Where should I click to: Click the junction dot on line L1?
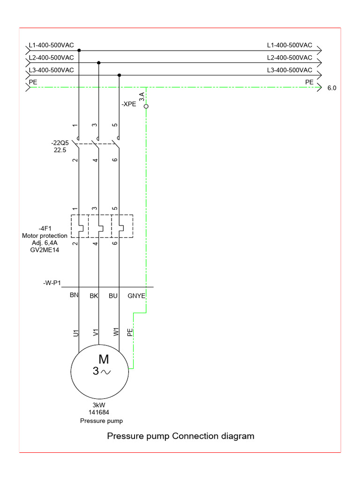click(79, 50)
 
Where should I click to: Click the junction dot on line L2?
click(98, 62)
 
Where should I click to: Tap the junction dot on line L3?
click(119, 75)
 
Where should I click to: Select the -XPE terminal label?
click(128, 104)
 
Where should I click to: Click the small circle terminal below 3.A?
click(146, 107)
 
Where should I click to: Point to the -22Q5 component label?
click(60, 142)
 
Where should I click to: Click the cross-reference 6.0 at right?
click(332, 88)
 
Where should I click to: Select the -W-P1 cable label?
click(52, 283)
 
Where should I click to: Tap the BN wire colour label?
click(74, 296)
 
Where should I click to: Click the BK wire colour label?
click(94, 296)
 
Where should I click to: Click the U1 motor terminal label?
click(75, 333)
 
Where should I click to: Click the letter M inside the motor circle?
click(104, 360)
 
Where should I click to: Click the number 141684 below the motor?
click(98, 412)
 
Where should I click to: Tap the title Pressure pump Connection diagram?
click(180, 436)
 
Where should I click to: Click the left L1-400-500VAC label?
click(51, 45)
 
